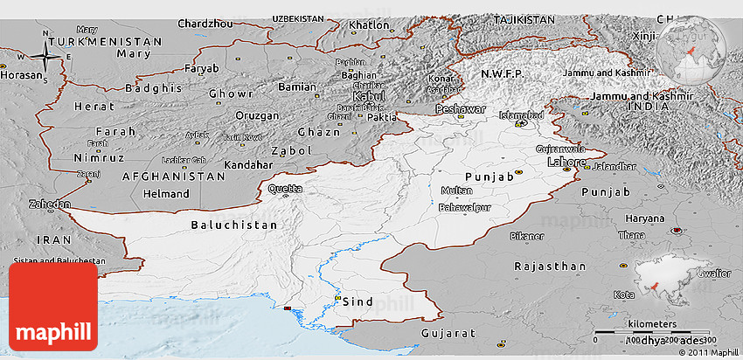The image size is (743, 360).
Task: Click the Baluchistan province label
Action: pos(233,225)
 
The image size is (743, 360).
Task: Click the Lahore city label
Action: pos(566,163)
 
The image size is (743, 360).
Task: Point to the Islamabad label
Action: pos(521,114)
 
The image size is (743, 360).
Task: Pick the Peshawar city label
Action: pos(460,109)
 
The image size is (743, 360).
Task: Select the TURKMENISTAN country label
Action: pos(107,41)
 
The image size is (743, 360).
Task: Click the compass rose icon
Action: pos(45,58)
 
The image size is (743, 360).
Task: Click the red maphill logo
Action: pos(53,307)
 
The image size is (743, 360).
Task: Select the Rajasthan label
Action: pos(549,266)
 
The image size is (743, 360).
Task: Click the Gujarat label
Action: pos(448,334)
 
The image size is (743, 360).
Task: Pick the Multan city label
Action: pos(456,190)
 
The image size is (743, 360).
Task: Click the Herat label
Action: pos(94,106)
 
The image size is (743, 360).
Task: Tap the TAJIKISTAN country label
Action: pos(524,19)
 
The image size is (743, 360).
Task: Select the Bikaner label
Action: pos(527,236)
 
